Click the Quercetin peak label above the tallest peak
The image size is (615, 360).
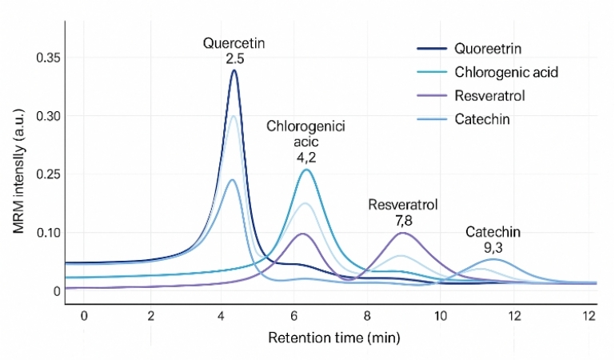click(234, 43)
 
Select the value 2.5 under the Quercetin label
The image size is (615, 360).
click(234, 58)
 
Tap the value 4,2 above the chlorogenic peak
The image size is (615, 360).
click(306, 156)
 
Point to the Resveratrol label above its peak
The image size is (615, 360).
click(402, 204)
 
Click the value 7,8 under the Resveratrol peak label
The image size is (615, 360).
click(402, 219)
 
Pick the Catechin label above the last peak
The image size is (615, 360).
click(493, 232)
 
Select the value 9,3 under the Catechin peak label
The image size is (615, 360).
click(493, 247)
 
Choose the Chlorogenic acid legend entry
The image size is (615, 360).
click(505, 72)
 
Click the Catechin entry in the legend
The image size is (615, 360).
click(481, 119)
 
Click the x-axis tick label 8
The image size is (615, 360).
click(367, 316)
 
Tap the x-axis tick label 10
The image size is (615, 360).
click(440, 316)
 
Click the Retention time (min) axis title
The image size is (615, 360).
click(333, 337)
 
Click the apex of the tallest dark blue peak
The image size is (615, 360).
click(234, 70)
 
